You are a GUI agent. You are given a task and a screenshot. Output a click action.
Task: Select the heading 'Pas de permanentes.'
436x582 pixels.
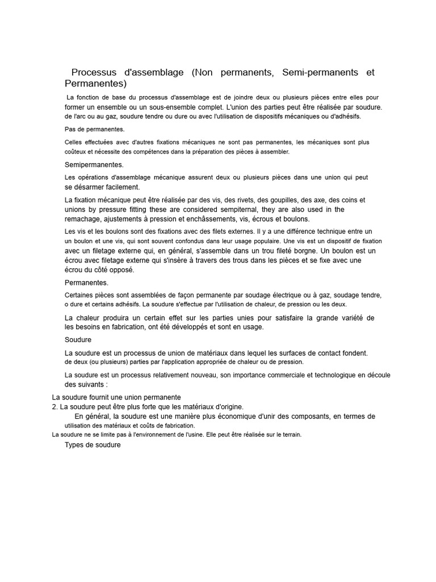[95, 129]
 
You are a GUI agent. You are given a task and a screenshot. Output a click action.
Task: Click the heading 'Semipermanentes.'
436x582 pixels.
[94, 165]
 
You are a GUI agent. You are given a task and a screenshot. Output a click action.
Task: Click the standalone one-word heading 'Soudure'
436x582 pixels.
[78, 340]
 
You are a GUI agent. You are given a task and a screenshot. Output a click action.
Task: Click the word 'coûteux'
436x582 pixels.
[77, 152]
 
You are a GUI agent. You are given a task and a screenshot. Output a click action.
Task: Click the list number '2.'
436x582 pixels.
[55, 407]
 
